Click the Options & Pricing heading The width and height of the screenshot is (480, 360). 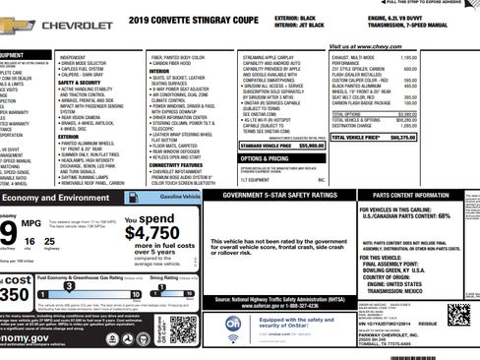pos(265,157)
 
